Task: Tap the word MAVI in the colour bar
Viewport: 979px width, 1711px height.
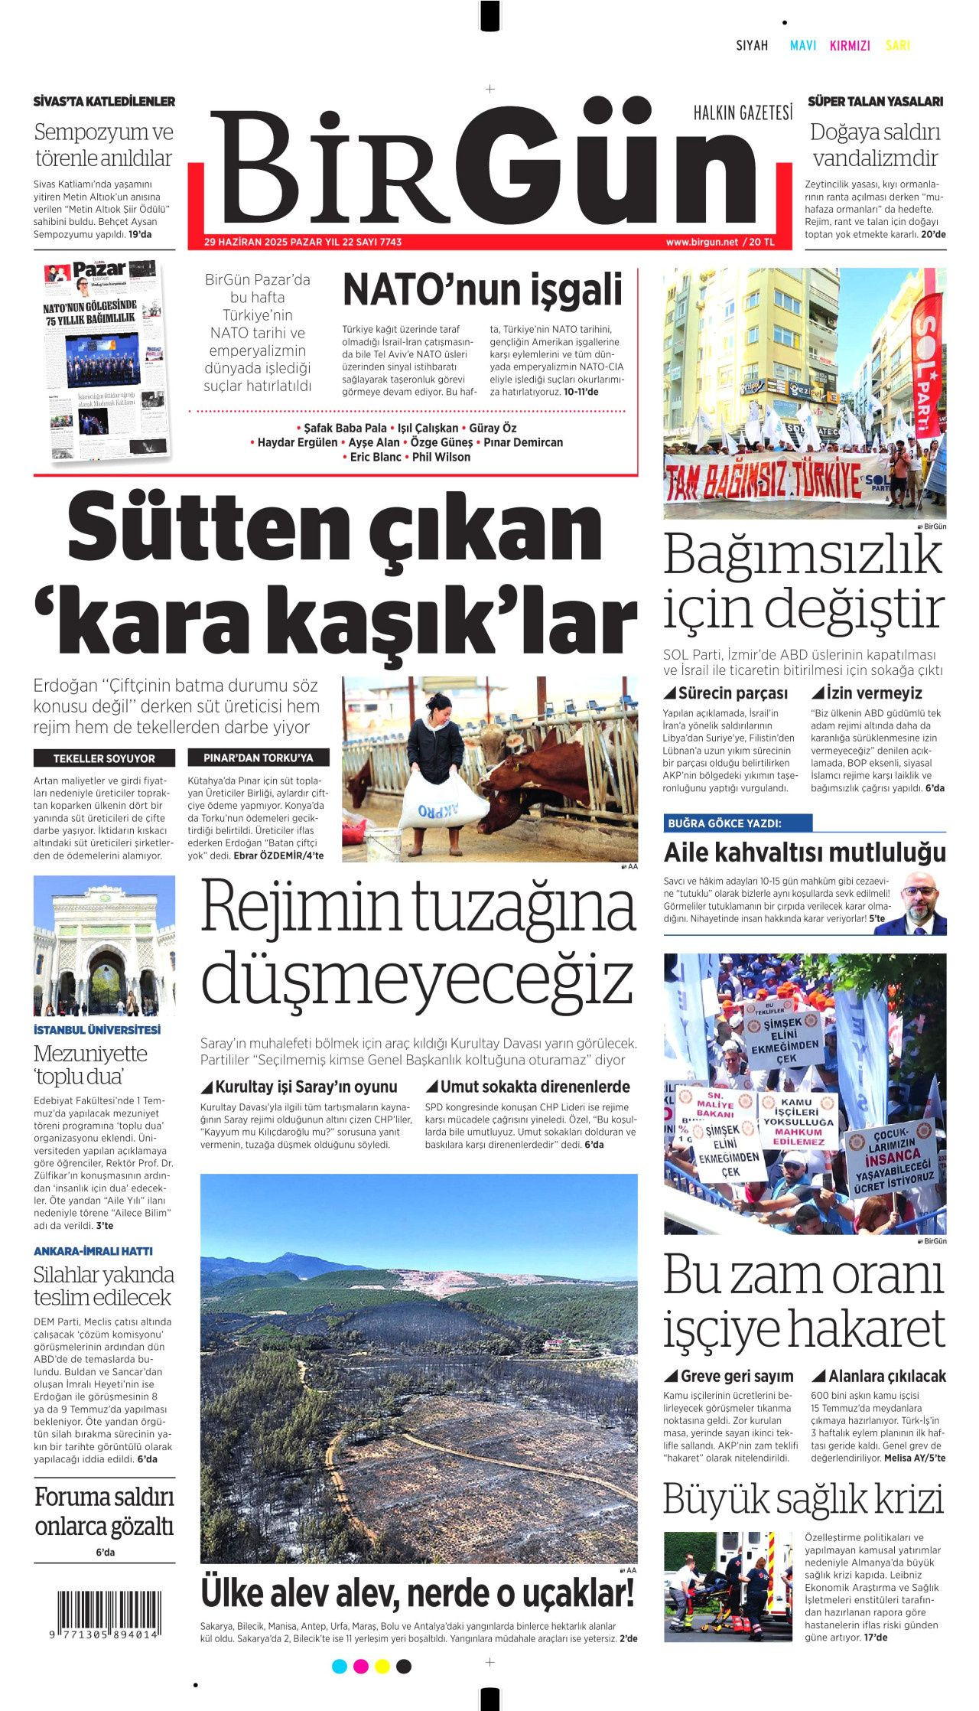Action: tap(803, 46)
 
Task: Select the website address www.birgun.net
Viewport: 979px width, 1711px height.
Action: tap(701, 242)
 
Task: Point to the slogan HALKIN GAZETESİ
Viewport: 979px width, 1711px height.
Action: tap(743, 114)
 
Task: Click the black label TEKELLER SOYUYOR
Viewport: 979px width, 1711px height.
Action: tap(104, 758)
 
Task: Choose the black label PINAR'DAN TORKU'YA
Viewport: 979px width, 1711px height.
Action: tap(259, 758)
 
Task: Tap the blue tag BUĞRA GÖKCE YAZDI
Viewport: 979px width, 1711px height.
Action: tap(724, 823)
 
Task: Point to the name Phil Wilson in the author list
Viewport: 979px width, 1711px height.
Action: tap(441, 457)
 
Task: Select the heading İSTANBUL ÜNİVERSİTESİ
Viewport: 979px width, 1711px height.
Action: tap(97, 1029)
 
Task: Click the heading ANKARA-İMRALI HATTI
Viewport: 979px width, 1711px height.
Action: tap(93, 1251)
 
